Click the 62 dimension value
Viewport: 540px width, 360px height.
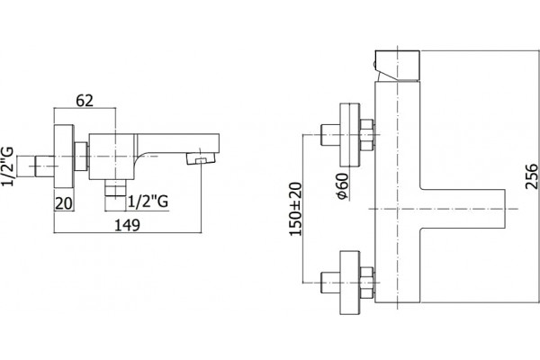85,101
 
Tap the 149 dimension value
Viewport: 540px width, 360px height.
127,225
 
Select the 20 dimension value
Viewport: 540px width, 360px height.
64,203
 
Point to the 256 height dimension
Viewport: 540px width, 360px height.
531,176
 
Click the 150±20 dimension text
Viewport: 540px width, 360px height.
295,209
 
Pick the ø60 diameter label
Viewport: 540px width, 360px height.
343,186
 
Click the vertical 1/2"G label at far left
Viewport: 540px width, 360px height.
7,166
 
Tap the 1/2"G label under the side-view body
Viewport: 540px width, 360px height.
148,202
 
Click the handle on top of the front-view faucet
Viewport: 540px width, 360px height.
397,66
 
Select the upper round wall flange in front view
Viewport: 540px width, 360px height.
350,135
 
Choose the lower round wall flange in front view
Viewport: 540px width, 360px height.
350,283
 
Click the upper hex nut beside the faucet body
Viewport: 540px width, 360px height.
367,135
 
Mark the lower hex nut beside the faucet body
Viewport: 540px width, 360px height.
367,283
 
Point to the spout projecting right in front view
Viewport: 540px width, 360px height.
463,209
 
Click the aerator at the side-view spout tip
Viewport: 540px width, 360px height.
201,158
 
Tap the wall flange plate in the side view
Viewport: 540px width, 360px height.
64,156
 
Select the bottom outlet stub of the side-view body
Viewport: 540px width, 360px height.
115,188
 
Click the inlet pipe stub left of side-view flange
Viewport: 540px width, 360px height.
35,166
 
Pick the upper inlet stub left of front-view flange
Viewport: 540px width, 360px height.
330,135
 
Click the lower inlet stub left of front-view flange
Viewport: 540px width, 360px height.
330,283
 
